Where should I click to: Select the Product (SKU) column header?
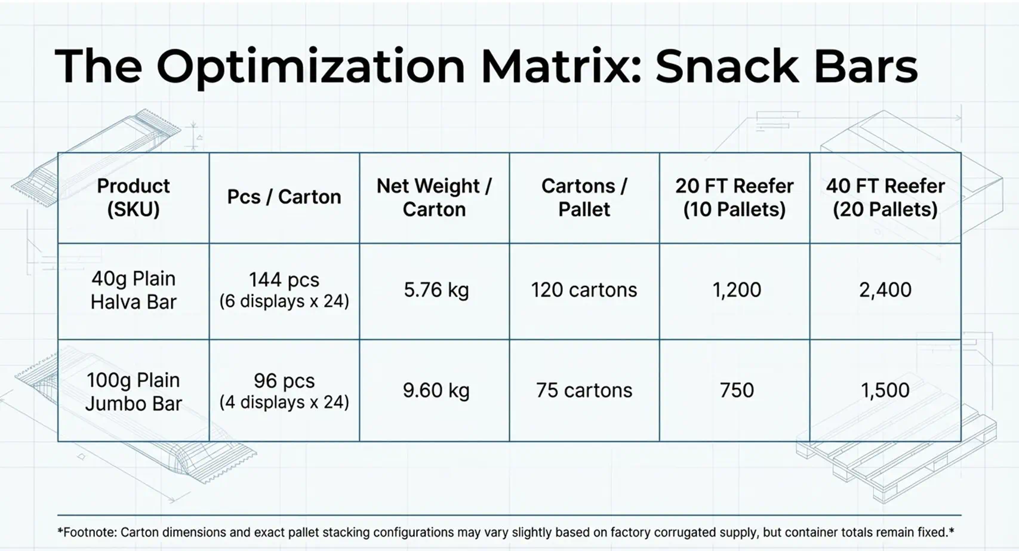coord(133,198)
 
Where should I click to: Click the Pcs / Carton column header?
coord(284,197)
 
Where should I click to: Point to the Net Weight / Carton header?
coord(434,198)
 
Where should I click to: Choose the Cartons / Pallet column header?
coord(584,198)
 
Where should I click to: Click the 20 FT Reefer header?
coord(734,198)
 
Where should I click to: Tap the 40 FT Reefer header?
coord(885,198)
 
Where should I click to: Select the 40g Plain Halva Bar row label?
coord(133,290)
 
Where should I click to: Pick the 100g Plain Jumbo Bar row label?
coord(133,392)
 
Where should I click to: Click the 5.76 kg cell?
coord(436,290)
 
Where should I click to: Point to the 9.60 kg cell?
coord(436,390)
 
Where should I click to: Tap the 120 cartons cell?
coord(584,290)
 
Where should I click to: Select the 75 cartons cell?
coord(584,390)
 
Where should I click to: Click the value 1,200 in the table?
coord(737,290)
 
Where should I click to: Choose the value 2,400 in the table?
coord(885,290)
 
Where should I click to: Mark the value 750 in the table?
coord(737,390)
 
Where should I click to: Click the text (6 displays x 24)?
coord(284,301)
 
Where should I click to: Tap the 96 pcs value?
coord(284,381)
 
